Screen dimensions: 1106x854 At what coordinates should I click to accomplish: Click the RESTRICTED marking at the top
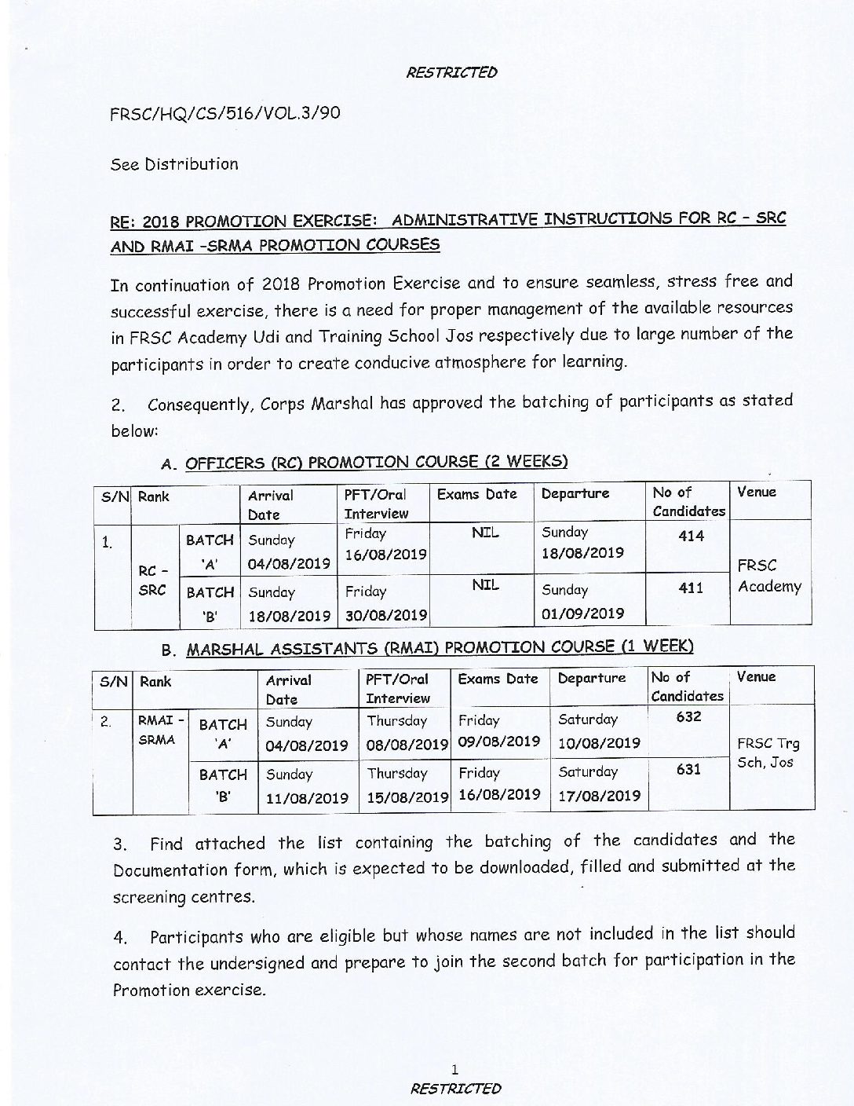click(451, 72)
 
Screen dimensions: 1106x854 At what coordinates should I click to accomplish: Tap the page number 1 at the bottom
click(454, 1068)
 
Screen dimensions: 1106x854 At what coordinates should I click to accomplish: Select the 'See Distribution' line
click(174, 164)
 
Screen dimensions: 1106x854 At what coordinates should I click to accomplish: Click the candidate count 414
click(691, 537)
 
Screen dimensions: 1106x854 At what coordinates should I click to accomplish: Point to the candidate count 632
click(688, 716)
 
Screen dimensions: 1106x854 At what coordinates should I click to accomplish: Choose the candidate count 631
click(688, 770)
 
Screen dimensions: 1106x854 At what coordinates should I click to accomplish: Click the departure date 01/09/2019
click(582, 613)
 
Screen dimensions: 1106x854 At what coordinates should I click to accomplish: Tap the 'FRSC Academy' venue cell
click(768, 576)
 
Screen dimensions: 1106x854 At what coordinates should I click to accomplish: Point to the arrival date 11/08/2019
click(307, 798)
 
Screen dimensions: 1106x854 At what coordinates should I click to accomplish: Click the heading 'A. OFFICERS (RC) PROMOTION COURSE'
click(363, 463)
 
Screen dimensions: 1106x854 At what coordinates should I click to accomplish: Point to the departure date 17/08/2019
click(600, 795)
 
